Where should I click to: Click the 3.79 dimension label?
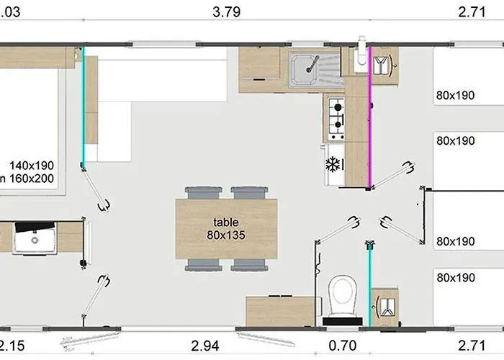pos(227,12)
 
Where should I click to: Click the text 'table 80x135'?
pos(227,229)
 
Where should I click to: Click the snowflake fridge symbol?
pos(333,163)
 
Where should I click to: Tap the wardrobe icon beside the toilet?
pos(387,307)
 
